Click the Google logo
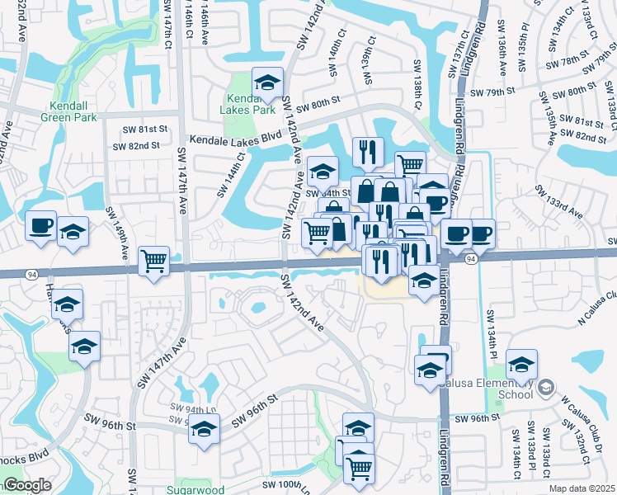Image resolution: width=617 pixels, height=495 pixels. point(26,485)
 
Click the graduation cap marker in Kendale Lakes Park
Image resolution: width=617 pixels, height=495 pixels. point(267,82)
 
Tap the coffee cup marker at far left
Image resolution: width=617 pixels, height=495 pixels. point(40,225)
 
